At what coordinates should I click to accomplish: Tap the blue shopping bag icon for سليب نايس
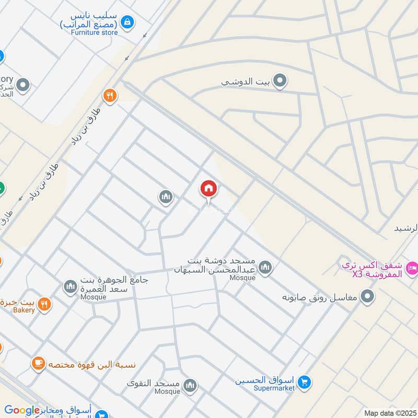point(126,22)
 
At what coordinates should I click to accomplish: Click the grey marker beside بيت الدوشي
point(281,81)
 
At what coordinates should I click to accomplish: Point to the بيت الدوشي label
point(245,82)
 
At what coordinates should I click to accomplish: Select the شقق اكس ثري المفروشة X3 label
point(372,270)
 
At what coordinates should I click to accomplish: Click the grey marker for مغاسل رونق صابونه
point(368,297)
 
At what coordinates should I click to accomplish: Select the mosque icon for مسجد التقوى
point(190,386)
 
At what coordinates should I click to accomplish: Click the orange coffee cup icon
point(38,363)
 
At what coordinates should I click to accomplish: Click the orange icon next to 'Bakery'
point(45,305)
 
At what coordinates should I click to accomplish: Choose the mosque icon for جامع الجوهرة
point(70,286)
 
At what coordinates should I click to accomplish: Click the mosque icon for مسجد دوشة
point(266,268)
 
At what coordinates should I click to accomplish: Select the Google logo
point(22,411)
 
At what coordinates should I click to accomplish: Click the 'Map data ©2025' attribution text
point(389,413)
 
